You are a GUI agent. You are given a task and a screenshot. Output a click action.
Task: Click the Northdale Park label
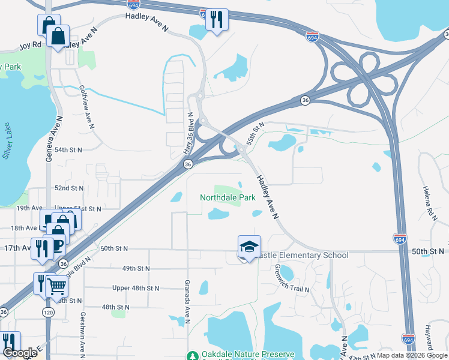[x=228, y=197]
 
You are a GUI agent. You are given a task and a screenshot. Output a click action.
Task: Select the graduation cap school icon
[x=249, y=247]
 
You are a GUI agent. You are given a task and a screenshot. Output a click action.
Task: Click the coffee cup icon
[x=56, y=246]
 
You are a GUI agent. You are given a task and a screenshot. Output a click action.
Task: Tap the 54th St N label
[x=68, y=149]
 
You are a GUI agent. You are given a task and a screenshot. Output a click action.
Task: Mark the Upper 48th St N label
[x=136, y=288]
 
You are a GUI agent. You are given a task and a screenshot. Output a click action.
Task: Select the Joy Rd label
[x=29, y=45]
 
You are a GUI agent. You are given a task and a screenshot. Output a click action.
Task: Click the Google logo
[x=20, y=353]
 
